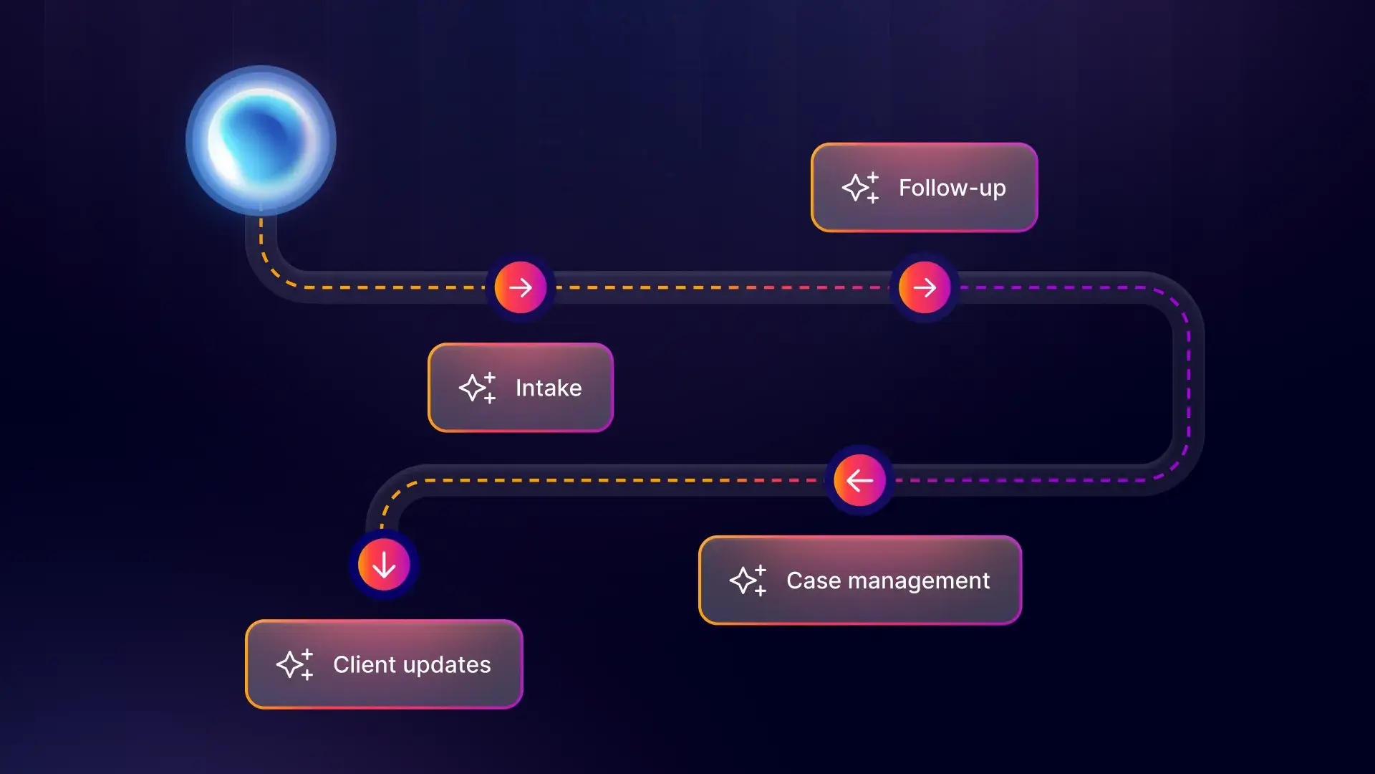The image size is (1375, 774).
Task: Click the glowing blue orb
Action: coord(261,140)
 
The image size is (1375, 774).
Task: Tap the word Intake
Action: coord(549,388)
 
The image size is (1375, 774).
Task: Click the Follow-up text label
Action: coord(952,188)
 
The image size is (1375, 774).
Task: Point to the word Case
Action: coord(814,580)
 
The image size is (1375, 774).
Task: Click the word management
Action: coord(919,580)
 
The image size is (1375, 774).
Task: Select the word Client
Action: coord(365,664)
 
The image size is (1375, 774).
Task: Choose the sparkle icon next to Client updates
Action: coord(294,664)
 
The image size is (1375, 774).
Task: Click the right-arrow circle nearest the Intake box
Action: coord(521,287)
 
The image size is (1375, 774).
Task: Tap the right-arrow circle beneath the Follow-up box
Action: coord(925,287)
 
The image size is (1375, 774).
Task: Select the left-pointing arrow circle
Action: coord(859,480)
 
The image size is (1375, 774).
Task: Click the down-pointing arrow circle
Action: coord(384,565)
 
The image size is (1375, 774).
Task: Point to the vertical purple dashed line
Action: coord(1189,383)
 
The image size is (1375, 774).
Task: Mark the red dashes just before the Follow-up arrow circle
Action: coord(824,287)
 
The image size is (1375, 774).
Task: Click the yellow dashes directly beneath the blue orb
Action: coord(261,236)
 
